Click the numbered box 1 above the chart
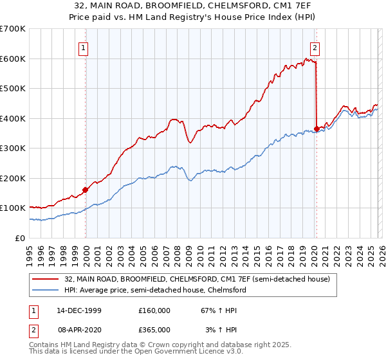coord(84,47)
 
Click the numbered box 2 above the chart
coord(315,47)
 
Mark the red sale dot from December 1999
coord(85,190)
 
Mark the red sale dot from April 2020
coord(317,129)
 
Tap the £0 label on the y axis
coord(19,238)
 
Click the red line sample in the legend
coord(45,280)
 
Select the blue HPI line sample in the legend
coord(45,291)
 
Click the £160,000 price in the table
coord(154,310)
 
